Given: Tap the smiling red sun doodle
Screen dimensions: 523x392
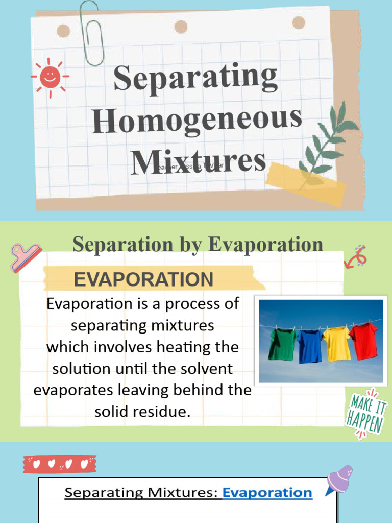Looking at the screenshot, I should coord(50,77).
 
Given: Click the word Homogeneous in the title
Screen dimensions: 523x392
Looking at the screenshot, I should coord(197,120).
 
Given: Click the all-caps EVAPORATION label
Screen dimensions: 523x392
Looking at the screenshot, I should coord(143,280).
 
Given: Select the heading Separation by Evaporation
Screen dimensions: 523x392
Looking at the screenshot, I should coord(198,244).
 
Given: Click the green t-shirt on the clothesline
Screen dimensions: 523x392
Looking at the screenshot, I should coord(282,344).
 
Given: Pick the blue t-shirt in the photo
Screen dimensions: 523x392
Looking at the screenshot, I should coord(309,346).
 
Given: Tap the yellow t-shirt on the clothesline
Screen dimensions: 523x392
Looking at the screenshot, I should coord(336,343).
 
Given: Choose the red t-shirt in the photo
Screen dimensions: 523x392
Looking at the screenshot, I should coord(363,340).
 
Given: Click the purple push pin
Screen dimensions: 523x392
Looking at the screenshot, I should coord(339,479).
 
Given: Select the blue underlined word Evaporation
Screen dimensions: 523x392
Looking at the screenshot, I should coord(267,492).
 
